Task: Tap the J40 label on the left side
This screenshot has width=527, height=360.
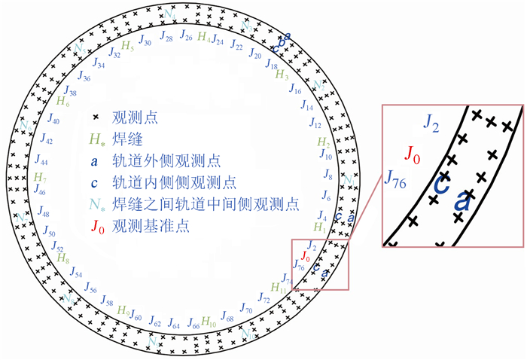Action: (x=53, y=120)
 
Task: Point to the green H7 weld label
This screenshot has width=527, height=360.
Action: (x=41, y=178)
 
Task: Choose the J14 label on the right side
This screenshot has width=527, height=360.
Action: (x=307, y=108)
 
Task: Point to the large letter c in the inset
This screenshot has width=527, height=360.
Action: (x=443, y=184)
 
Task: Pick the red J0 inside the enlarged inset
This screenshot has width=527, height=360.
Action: (x=413, y=154)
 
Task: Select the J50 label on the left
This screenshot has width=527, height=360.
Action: (x=50, y=233)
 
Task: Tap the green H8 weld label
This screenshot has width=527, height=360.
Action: (x=63, y=257)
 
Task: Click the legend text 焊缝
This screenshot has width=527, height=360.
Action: (x=123, y=139)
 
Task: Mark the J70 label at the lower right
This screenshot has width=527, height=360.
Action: (x=246, y=310)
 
